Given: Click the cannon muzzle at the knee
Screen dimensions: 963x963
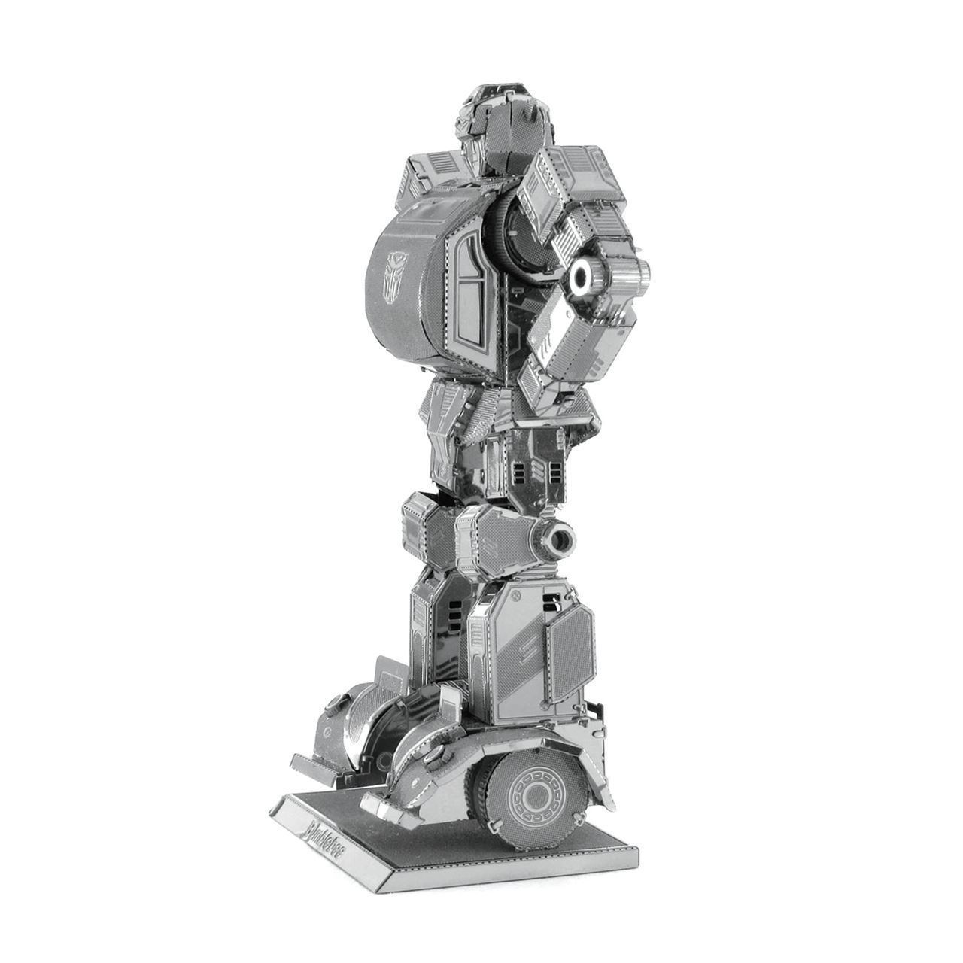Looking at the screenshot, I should point(560,537).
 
